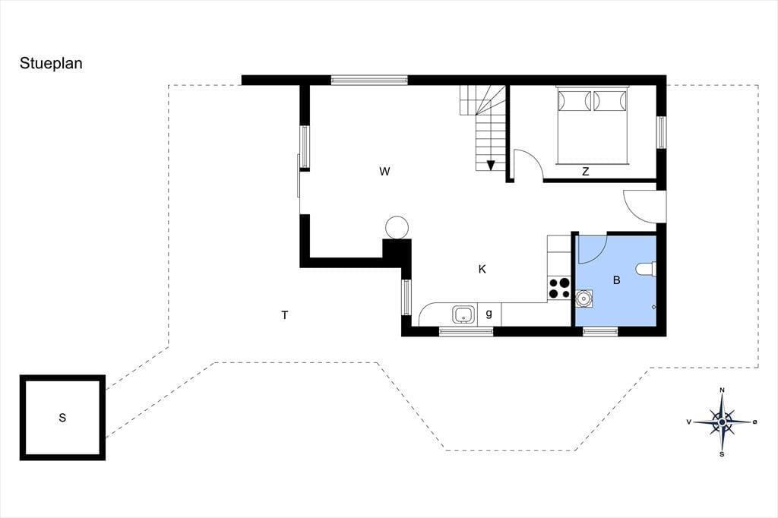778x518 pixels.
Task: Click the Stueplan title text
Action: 51,64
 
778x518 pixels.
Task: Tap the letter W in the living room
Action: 384,172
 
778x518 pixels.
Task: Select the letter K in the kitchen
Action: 482,270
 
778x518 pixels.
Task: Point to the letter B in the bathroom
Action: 617,280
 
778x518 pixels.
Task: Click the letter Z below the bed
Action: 586,172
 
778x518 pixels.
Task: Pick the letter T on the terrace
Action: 285,315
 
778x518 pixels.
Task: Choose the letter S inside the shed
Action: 62,418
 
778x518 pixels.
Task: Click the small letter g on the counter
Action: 489,314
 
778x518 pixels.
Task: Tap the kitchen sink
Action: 463,314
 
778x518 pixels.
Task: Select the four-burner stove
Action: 559,289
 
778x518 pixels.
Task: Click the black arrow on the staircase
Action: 491,166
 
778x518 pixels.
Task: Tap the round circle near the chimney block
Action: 397,228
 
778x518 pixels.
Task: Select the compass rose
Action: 722,422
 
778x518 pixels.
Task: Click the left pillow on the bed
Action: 574,101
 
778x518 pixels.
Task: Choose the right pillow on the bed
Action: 610,101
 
